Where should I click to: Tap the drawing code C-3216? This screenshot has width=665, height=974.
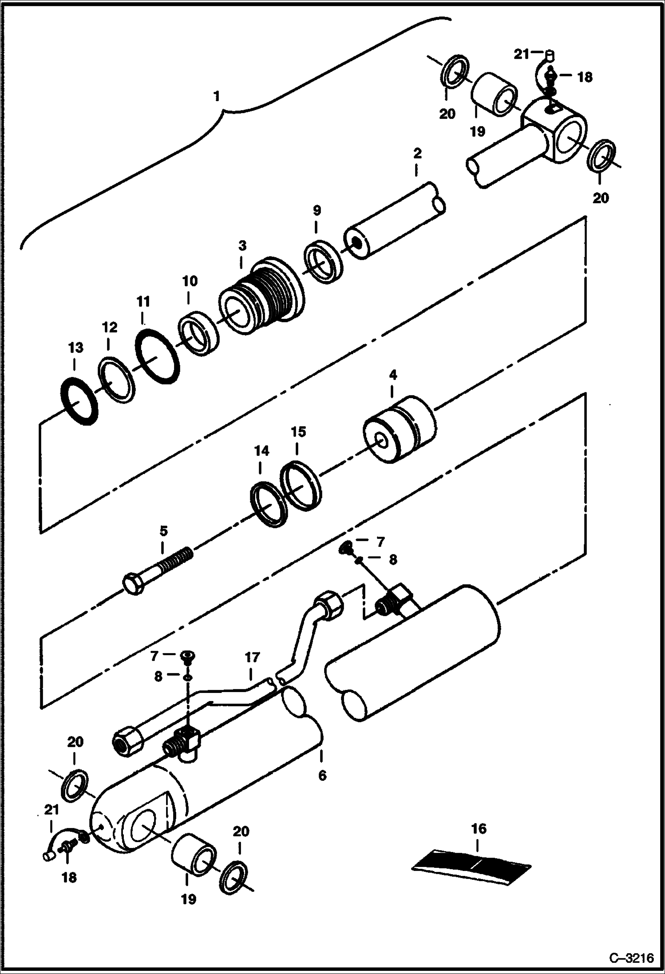pyautogui.click(x=631, y=958)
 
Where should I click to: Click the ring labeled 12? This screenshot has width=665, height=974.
pyautogui.click(x=116, y=380)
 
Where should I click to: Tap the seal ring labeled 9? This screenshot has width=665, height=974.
pyautogui.click(x=324, y=261)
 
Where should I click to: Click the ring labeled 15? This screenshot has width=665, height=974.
pyautogui.click(x=300, y=485)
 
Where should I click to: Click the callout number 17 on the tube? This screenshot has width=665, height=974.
pyautogui.click(x=252, y=657)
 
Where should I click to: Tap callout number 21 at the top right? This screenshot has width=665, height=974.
pyautogui.click(x=521, y=54)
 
